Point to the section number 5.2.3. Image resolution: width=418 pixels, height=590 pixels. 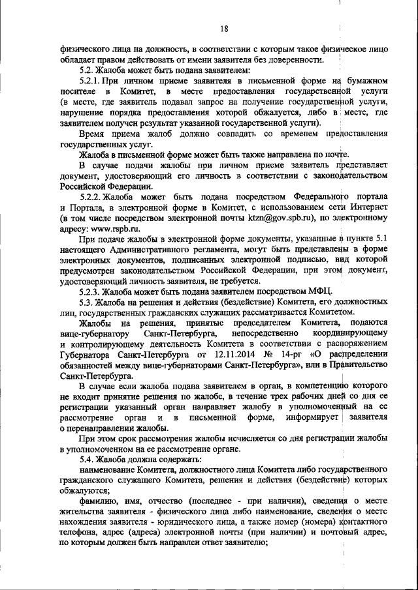[x=92, y=290]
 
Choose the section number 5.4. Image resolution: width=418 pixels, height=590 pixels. [x=88, y=458]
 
